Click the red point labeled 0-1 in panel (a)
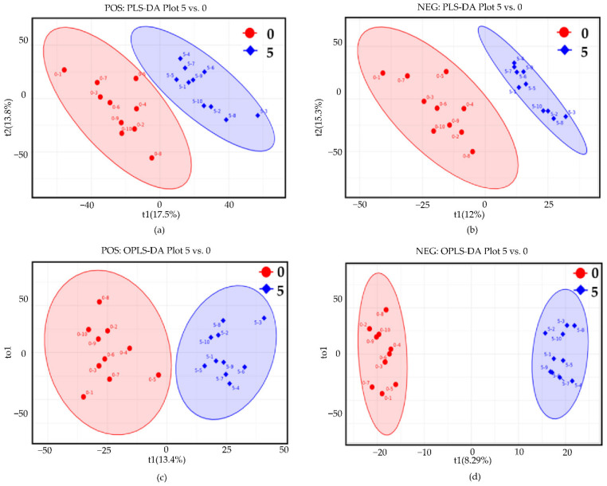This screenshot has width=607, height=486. tap(64, 70)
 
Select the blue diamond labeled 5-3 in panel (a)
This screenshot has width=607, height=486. tap(257, 116)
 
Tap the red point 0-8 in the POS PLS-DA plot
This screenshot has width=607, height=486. tap(152, 158)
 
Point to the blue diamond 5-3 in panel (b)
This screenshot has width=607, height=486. tap(566, 116)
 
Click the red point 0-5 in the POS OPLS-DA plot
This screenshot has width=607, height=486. tap(158, 375)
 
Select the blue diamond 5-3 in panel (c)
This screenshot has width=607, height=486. tap(264, 319)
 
